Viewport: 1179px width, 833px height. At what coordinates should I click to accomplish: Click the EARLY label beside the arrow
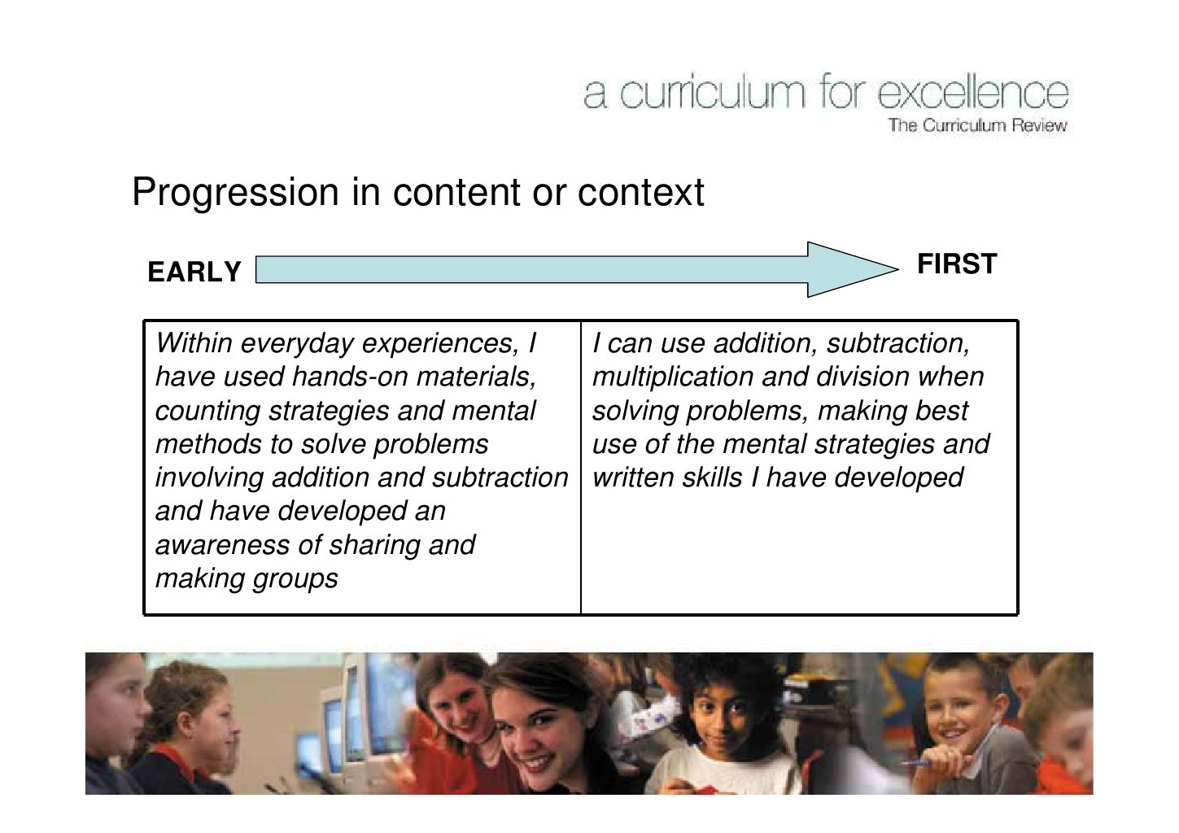coord(194,272)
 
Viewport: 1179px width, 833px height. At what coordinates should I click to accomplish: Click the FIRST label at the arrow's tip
coord(956,264)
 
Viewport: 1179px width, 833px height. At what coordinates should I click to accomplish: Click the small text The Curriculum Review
coord(976,126)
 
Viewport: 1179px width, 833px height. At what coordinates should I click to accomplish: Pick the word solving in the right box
coord(636,411)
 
